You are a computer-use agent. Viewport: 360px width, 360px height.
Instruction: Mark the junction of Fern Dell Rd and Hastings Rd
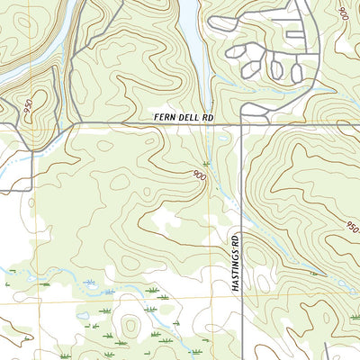point(242,124)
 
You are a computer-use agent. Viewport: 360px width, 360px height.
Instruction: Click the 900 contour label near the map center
point(198,175)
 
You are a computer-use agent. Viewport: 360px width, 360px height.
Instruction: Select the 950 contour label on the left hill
point(27,106)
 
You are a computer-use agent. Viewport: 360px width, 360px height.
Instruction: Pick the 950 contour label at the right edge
point(352,226)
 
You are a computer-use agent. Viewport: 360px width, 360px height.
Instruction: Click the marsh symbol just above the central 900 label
point(206,163)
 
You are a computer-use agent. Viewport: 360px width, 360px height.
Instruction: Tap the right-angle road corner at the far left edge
point(33,190)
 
